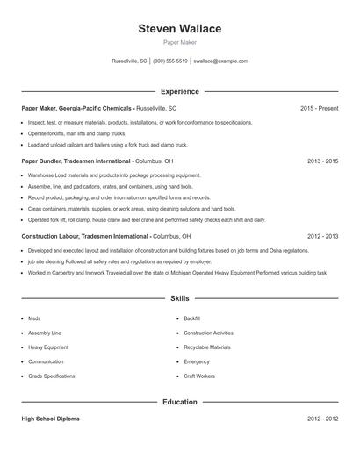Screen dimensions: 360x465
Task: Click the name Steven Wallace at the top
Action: pos(179,29)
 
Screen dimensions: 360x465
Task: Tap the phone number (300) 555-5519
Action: pos(170,61)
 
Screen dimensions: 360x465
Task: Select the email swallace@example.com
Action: pos(220,61)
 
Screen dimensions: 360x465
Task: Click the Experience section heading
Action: pos(179,91)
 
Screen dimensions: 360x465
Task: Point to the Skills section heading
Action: pos(179,299)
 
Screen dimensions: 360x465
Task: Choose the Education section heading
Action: pos(179,402)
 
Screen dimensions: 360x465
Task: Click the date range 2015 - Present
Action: pos(319,108)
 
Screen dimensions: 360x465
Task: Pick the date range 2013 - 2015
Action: pos(322,161)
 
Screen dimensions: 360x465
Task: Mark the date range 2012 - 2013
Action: pos(322,237)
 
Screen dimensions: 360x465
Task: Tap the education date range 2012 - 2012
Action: pos(322,419)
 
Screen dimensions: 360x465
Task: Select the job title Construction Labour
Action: pos(53,237)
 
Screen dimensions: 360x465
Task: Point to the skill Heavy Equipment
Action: pos(47,347)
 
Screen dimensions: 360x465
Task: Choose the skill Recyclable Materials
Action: pos(207,347)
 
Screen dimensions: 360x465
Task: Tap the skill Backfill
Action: pos(192,318)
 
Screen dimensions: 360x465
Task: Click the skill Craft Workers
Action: pos(199,376)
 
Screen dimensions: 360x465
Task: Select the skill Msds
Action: pos(34,318)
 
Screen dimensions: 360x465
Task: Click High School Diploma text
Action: pos(50,419)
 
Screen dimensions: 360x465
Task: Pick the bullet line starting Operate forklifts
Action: pos(80,133)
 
